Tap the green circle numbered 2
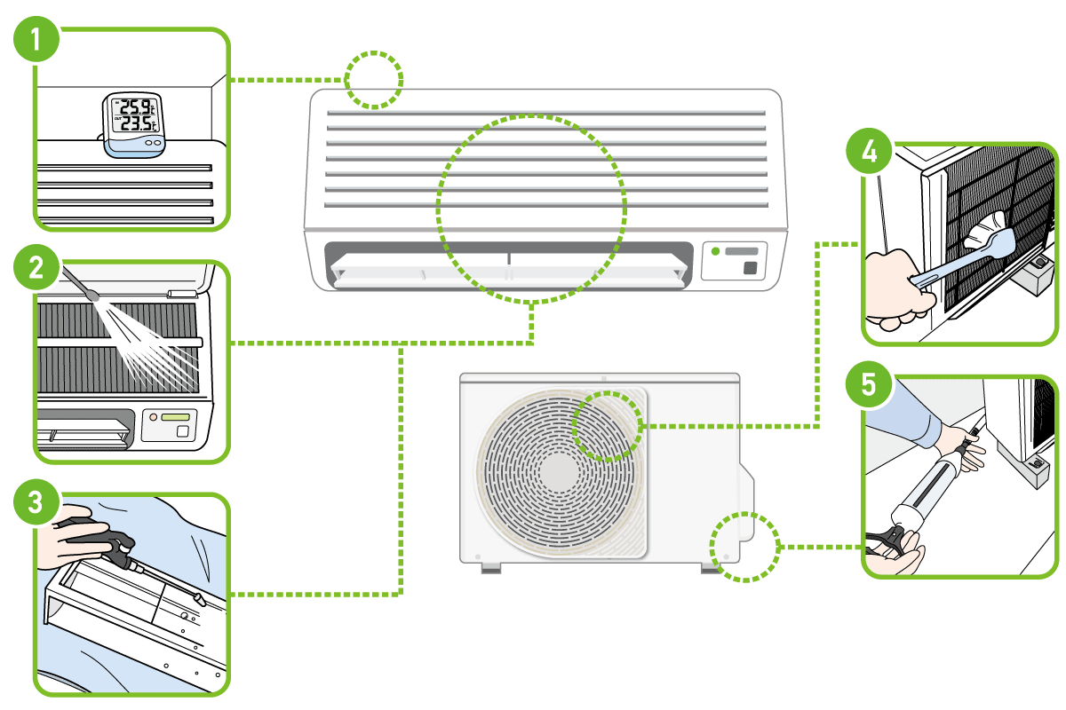tap(36, 268)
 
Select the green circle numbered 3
tap(36, 503)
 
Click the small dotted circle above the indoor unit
tap(374, 80)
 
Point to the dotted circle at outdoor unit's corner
tap(744, 548)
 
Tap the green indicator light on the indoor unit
tap(715, 251)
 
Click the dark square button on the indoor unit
tap(752, 267)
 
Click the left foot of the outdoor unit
tap(490, 569)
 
